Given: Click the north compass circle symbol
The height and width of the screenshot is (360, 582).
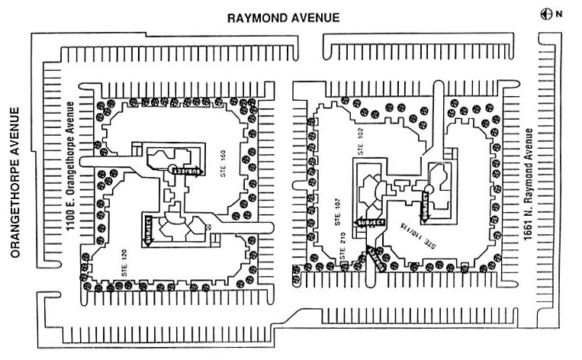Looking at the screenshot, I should coord(545,12).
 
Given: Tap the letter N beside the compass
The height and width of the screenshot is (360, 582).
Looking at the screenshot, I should coord(558,13).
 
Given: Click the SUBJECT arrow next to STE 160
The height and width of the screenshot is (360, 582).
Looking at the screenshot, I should coord(187,172).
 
